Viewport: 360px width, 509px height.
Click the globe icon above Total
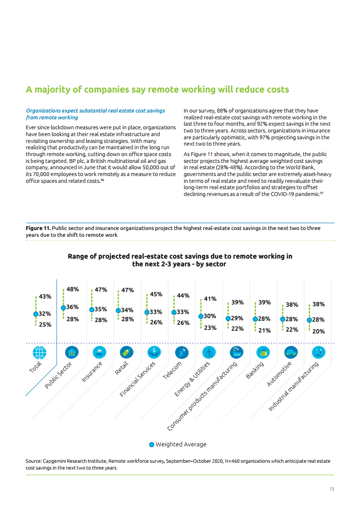39,352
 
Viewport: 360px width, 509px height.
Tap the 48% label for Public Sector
73,289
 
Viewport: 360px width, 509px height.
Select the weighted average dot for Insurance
92,309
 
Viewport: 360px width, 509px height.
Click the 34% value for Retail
127,310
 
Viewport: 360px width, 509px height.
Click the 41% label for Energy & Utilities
210,299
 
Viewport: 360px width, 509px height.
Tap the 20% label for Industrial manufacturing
319,331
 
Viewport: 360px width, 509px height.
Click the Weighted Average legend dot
152,445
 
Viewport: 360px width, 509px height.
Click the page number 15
332,489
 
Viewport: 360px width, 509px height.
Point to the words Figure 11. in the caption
38,228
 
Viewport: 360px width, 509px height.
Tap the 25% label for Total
45,324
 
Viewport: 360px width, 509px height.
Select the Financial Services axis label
138,379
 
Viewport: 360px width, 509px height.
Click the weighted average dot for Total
36,313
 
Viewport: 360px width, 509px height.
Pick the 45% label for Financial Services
156,294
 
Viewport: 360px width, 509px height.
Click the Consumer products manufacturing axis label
202,396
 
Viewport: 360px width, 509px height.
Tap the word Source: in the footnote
34,461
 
